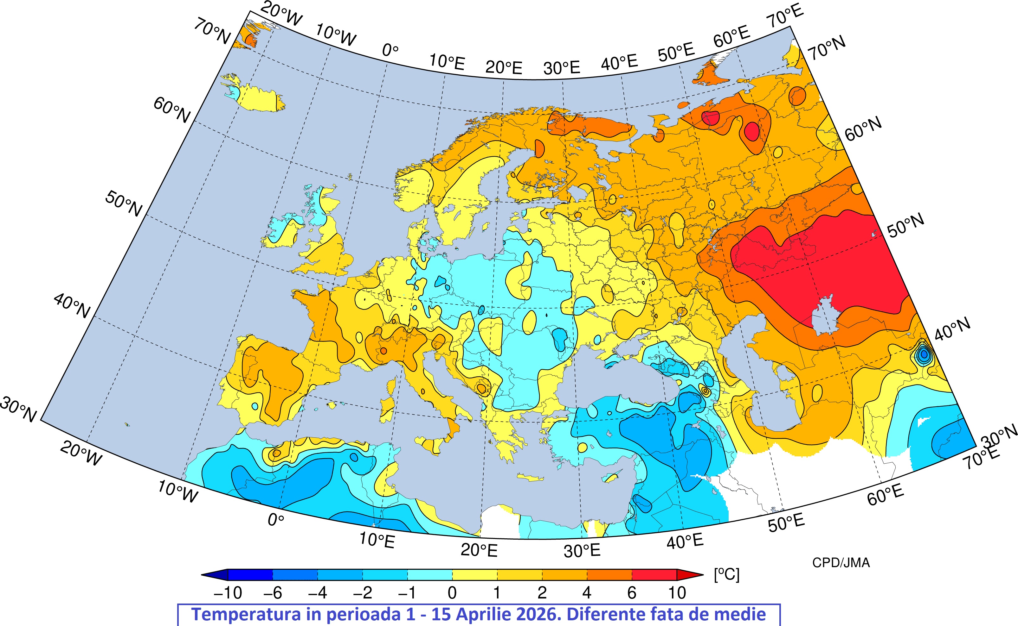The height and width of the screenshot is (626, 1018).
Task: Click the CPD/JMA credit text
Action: click(841, 563)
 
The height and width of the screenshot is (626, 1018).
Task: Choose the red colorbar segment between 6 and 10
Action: click(654, 575)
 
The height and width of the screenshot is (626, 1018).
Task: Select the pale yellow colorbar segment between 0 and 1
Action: click(474, 575)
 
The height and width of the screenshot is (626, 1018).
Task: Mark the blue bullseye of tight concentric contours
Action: click(924, 354)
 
